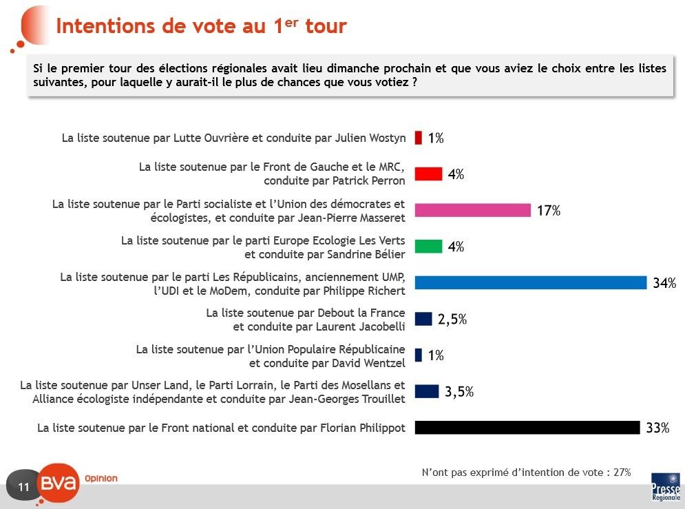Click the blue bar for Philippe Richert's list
pos(530,282)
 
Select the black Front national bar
pos(527,428)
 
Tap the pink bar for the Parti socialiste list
pos(472,210)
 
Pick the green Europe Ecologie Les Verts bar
pos(428,247)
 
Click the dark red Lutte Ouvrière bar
pos(418,138)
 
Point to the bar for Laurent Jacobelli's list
pos(423,319)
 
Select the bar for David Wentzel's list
pos(418,355)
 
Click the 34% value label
pos(664,283)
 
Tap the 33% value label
pos(657,428)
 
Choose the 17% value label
pos(549,211)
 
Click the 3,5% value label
pos(459,392)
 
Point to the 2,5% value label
pos(452,320)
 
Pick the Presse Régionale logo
pos(665,486)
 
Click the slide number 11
pos(23,488)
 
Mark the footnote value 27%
pos(622,472)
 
